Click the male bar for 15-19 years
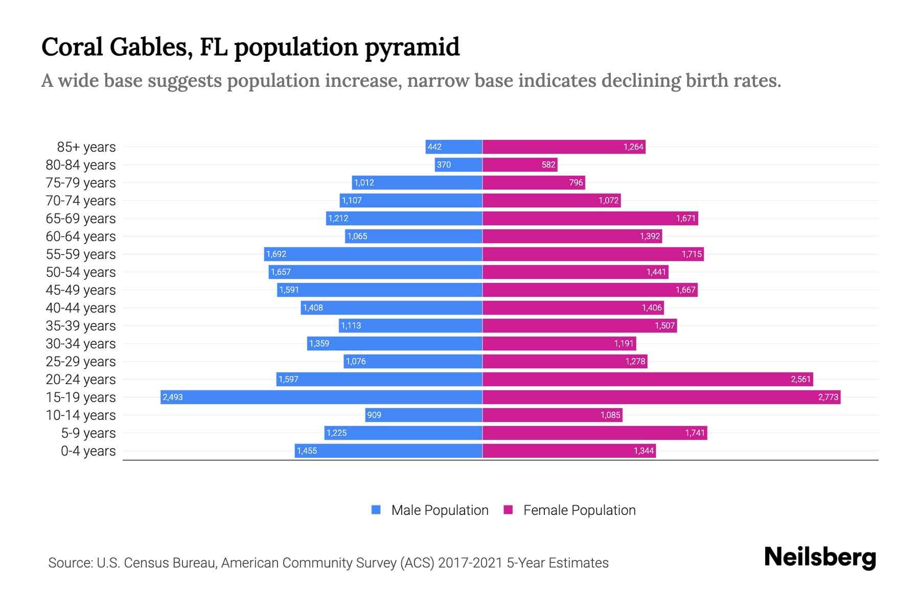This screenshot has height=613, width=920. [321, 397]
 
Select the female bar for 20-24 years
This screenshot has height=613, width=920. [648, 380]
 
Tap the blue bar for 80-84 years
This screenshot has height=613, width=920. [458, 165]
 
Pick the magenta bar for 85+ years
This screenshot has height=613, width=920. [564, 147]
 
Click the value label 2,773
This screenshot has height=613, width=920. [828, 397]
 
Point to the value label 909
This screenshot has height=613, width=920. [374, 415]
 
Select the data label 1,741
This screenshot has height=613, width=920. [695, 433]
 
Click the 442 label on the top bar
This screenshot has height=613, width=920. [434, 147]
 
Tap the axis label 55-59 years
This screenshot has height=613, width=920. [81, 254]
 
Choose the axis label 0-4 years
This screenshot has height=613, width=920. [88, 451]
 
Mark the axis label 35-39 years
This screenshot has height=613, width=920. [81, 326]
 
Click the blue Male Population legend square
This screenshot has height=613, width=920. [376, 510]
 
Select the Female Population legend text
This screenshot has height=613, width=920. [579, 510]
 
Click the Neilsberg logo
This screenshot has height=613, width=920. [820, 557]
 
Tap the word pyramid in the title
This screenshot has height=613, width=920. [412, 48]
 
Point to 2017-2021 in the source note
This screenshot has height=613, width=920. [470, 563]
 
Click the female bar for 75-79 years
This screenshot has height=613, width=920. [534, 183]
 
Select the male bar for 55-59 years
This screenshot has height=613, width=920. [373, 254]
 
